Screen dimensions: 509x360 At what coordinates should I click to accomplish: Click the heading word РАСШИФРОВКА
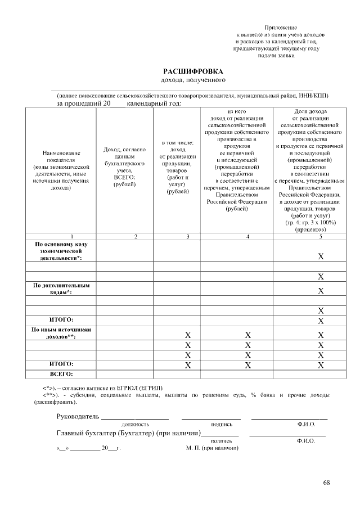point(193,71)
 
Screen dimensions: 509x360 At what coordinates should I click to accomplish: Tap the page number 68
point(327,483)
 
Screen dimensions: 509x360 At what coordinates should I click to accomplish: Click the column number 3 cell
point(188,237)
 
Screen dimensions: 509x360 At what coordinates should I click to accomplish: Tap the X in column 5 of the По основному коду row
point(321,257)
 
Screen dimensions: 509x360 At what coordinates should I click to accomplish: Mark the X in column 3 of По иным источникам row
point(188,335)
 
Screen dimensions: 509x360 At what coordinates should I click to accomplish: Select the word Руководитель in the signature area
point(78,416)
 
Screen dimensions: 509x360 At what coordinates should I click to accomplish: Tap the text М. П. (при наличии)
point(212,448)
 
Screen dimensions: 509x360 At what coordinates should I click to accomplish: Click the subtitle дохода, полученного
point(193,82)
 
